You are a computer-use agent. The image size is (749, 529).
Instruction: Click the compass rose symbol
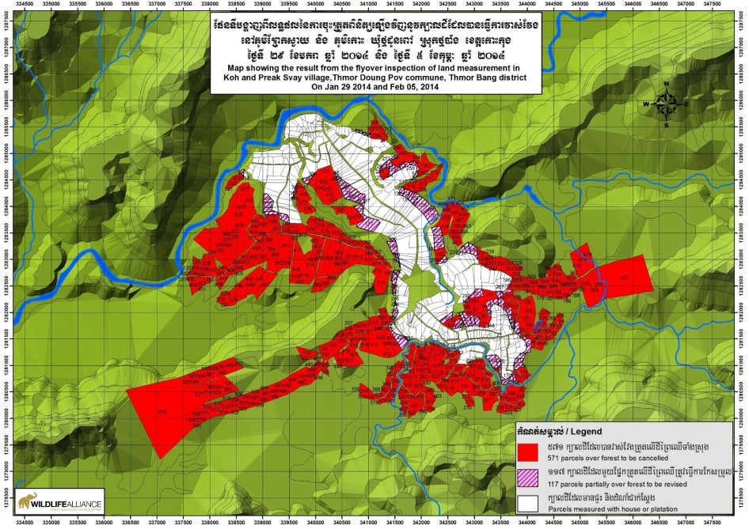pyautogui.click(x=666, y=103)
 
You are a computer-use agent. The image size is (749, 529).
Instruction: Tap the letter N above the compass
pyautogui.click(x=666, y=84)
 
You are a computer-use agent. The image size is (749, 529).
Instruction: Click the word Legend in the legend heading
pyautogui.click(x=584, y=432)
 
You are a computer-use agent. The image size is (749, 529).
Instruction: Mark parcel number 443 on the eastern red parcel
pyautogui.click(x=623, y=277)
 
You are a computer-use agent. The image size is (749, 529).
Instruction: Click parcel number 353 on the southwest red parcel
pyautogui.click(x=162, y=412)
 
